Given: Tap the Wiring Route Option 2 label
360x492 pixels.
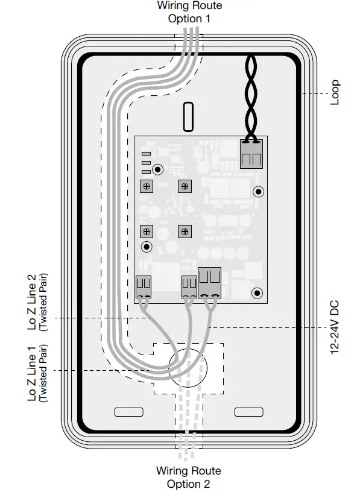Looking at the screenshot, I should pyautogui.click(x=189, y=477).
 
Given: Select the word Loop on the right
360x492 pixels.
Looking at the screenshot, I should pyautogui.click(x=335, y=93).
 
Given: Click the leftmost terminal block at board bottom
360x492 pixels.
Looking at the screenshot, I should pyautogui.click(x=144, y=286).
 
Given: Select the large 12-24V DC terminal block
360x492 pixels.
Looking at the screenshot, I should pyautogui.click(x=210, y=282).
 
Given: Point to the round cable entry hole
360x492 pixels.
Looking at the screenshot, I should pyautogui.click(x=188, y=369).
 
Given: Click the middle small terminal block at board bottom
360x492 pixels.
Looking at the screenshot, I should pyautogui.click(x=189, y=286).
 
